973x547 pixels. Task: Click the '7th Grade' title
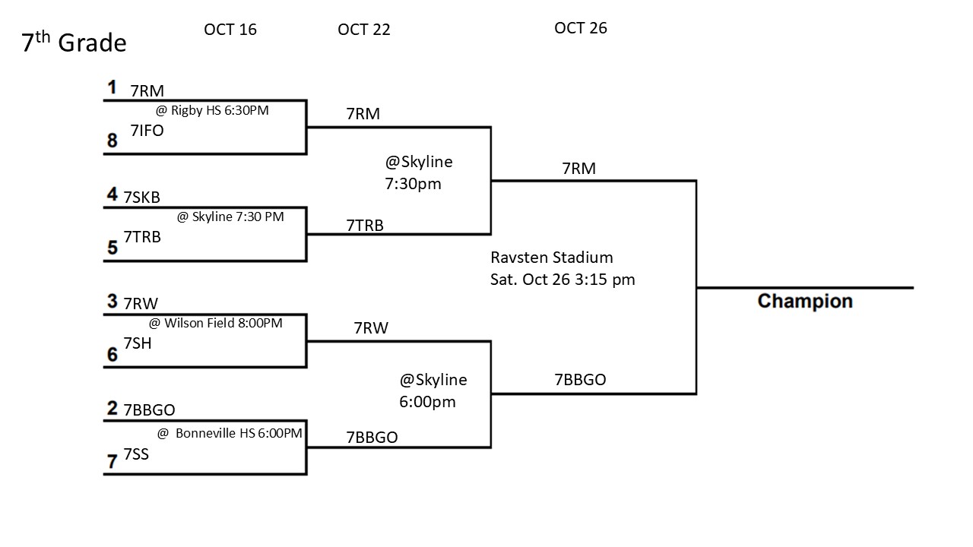click(x=74, y=43)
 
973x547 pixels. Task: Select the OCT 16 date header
click(x=230, y=30)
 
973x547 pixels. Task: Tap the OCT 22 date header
click(x=364, y=30)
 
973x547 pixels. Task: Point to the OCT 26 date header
click(x=581, y=28)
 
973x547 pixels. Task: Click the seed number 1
click(x=112, y=87)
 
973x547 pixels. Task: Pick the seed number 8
click(x=112, y=141)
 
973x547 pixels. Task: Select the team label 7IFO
click(x=147, y=131)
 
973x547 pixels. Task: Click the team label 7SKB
click(x=142, y=198)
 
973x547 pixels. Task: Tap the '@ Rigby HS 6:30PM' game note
click(x=212, y=110)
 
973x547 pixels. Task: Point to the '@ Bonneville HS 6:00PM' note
click(x=230, y=433)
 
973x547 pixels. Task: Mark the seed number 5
click(x=112, y=248)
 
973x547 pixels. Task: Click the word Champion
click(x=805, y=302)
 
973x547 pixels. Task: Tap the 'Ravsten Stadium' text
click(x=552, y=258)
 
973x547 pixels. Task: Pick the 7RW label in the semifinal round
click(x=371, y=328)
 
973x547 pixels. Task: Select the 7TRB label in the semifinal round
click(x=365, y=225)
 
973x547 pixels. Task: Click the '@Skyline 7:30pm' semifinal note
click(x=419, y=172)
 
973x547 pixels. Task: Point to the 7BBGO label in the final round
click(x=581, y=380)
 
